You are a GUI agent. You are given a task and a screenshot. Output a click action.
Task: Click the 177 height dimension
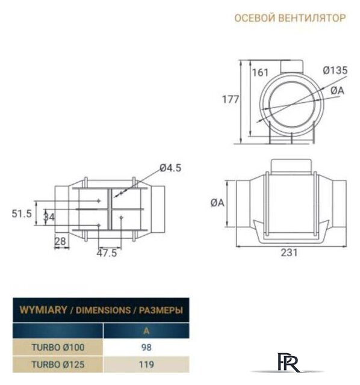pyautogui.click(x=230, y=99)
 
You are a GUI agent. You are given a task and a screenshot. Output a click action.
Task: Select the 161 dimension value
pyautogui.click(x=260, y=73)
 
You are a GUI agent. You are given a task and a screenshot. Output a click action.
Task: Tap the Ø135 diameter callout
pyautogui.click(x=335, y=70)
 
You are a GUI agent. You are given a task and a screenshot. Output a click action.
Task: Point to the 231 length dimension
pyautogui.click(x=289, y=253)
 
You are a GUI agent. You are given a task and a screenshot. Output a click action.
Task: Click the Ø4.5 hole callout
pyautogui.click(x=170, y=168)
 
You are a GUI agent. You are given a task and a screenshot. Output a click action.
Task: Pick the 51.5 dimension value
pyautogui.click(x=22, y=214)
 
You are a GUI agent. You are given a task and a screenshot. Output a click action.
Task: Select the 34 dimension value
pyautogui.click(x=49, y=217)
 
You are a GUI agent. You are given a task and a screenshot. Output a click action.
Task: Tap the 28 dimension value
pyautogui.click(x=60, y=242)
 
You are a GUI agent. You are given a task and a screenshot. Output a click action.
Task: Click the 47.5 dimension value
pyautogui.click(x=107, y=253)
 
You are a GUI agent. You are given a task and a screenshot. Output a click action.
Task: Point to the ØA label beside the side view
pyautogui.click(x=217, y=203)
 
